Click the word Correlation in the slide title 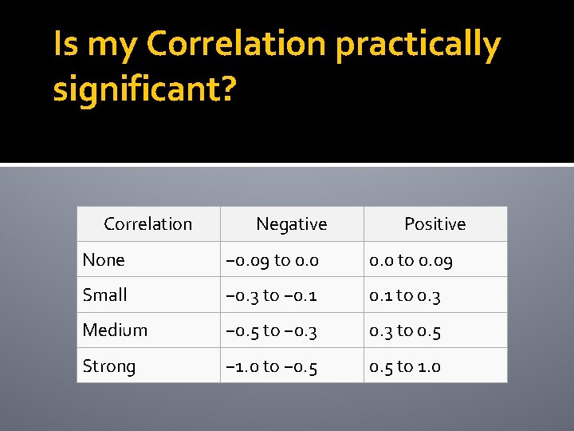click(x=236, y=45)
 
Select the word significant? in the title click(x=144, y=89)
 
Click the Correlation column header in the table click(x=148, y=224)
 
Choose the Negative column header click(x=292, y=224)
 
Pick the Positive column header click(x=435, y=224)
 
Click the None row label click(x=104, y=259)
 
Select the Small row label click(x=105, y=295)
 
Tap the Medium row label click(x=115, y=330)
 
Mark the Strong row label click(x=109, y=366)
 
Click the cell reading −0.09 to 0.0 click(x=273, y=259)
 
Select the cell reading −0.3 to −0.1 click(x=272, y=295)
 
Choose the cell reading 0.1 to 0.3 click(x=405, y=295)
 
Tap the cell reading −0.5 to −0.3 click(x=272, y=330)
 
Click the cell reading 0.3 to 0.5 click(x=405, y=330)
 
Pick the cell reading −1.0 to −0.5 click(x=272, y=366)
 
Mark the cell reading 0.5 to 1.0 click(x=405, y=366)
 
